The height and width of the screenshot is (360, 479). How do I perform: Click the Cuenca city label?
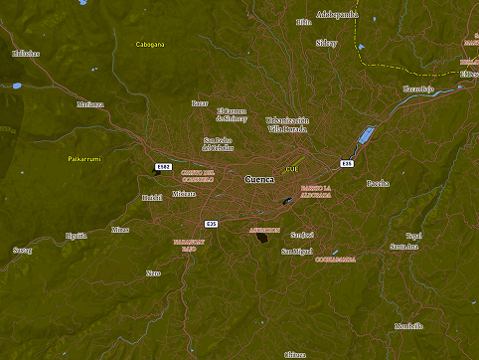[x=258, y=179]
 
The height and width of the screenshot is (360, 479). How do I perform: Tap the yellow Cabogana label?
[x=150, y=44]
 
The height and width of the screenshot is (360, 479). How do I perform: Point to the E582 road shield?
[x=164, y=166]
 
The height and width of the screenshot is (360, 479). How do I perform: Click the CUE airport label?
[x=291, y=169]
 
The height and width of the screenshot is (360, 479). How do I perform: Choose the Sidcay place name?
[x=326, y=43]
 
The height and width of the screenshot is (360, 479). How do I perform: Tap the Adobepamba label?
[x=337, y=15]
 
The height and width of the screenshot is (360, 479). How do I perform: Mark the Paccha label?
[x=378, y=183]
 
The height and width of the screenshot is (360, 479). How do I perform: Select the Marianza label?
[x=90, y=103]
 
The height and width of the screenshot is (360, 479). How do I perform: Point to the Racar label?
[x=200, y=102]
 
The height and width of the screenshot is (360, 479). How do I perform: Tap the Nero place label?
[x=153, y=272]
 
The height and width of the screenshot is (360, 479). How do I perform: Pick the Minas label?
[x=120, y=230]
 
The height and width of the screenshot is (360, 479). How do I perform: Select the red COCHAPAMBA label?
[x=335, y=259]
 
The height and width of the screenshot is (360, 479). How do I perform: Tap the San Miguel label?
[x=296, y=252]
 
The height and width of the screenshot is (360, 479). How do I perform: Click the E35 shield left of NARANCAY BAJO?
[x=211, y=224]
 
